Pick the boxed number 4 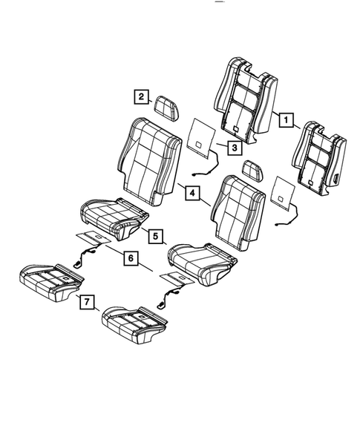coord(192,194)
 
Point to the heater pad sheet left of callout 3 coord(198,136)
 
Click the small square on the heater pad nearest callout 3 coord(199,136)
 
